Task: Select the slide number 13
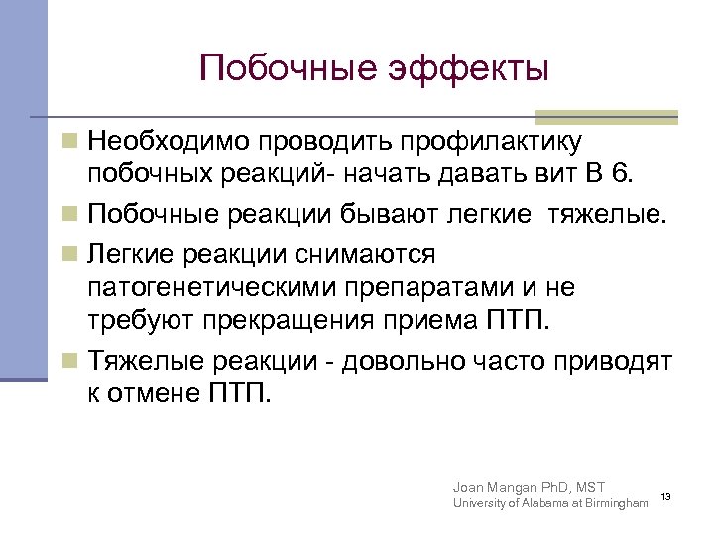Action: pyautogui.click(x=666, y=496)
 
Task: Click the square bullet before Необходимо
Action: pyautogui.click(x=68, y=142)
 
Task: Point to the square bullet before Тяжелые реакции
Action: pyautogui.click(x=68, y=359)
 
